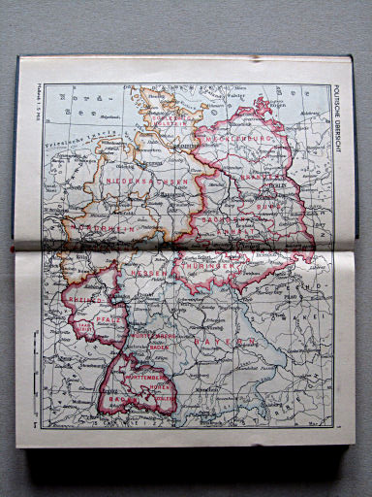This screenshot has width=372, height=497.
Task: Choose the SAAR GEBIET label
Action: click(72, 329)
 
